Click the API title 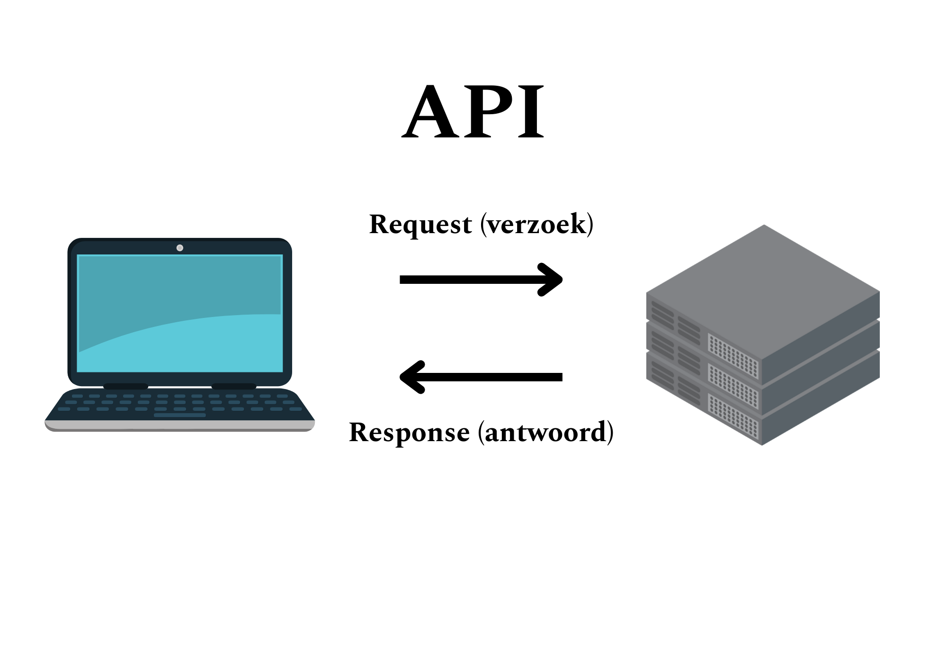pyautogui.click(x=473, y=112)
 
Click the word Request pyautogui.click(x=420, y=224)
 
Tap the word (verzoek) pyautogui.click(x=537, y=224)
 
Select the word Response pyautogui.click(x=409, y=432)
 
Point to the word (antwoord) pyautogui.click(x=546, y=432)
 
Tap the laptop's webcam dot pyautogui.click(x=180, y=248)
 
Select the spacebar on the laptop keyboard pyautogui.click(x=180, y=415)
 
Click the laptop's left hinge pyautogui.click(x=125, y=386)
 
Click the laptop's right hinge pyautogui.click(x=234, y=386)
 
